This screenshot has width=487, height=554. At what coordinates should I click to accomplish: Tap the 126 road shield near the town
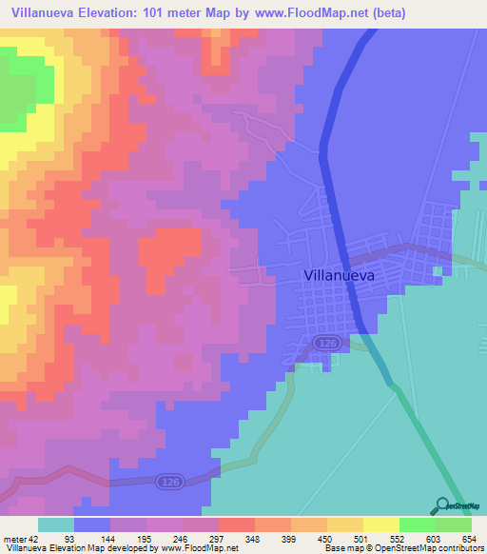326,340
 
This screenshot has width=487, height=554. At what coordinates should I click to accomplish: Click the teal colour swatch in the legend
56,524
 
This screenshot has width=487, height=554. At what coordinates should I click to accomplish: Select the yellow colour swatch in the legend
381,524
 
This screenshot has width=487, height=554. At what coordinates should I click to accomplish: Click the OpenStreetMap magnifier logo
441,505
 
